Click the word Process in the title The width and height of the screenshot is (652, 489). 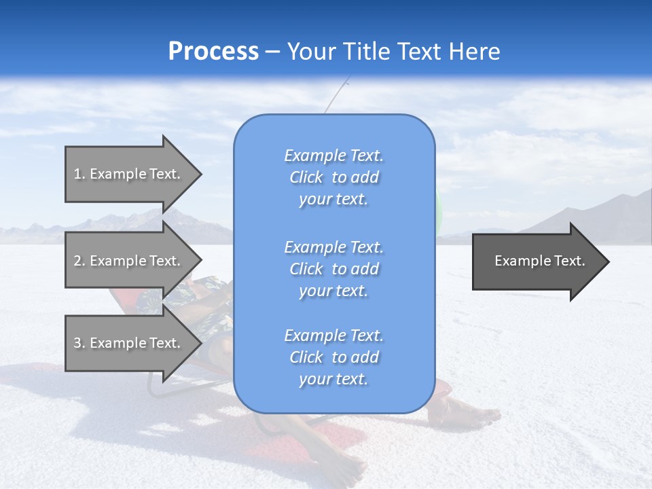pyautogui.click(x=213, y=52)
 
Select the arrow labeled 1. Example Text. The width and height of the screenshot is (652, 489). pyautogui.click(x=129, y=174)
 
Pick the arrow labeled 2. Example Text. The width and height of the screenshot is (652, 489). pyautogui.click(x=129, y=261)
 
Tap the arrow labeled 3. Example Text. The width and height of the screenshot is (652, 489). pyautogui.click(x=129, y=343)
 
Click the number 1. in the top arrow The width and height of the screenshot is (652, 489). pyautogui.click(x=79, y=174)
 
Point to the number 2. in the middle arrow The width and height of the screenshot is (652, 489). pyautogui.click(x=79, y=261)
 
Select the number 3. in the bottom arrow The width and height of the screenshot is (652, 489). pyautogui.click(x=79, y=343)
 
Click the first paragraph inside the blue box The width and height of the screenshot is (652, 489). pyautogui.click(x=333, y=177)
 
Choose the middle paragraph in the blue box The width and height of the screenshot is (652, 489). pyautogui.click(x=333, y=269)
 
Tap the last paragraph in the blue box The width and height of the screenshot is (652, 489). pyautogui.click(x=333, y=357)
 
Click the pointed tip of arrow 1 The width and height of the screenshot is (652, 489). pyautogui.click(x=200, y=175)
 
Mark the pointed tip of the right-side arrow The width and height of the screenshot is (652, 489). pyautogui.click(x=608, y=261)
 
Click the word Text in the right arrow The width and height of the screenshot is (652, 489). pyautogui.click(x=570, y=261)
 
